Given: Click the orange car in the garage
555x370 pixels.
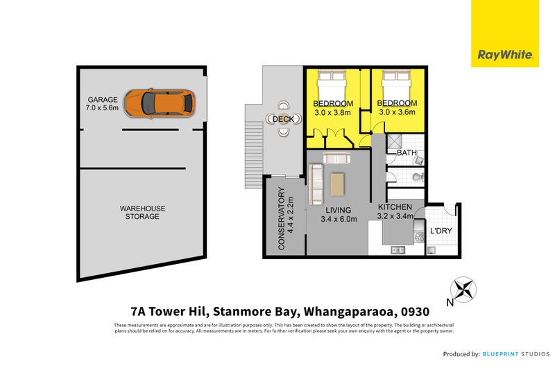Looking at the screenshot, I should pos(167,103).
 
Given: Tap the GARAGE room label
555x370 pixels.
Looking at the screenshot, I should pos(102,100).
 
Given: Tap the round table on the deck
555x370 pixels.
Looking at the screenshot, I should pos(284,119).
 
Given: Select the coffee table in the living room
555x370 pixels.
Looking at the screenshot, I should pos(338,184).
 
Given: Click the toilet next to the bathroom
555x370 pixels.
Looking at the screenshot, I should pos(416,176).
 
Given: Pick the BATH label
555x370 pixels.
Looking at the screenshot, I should pos(406,152).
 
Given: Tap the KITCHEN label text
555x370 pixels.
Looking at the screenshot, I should pos(395,207).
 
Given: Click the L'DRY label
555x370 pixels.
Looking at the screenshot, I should pos(441,230).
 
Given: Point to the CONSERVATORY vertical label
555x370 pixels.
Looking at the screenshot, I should pos(282,219).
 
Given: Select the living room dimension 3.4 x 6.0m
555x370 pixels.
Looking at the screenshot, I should pos(339,220).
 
